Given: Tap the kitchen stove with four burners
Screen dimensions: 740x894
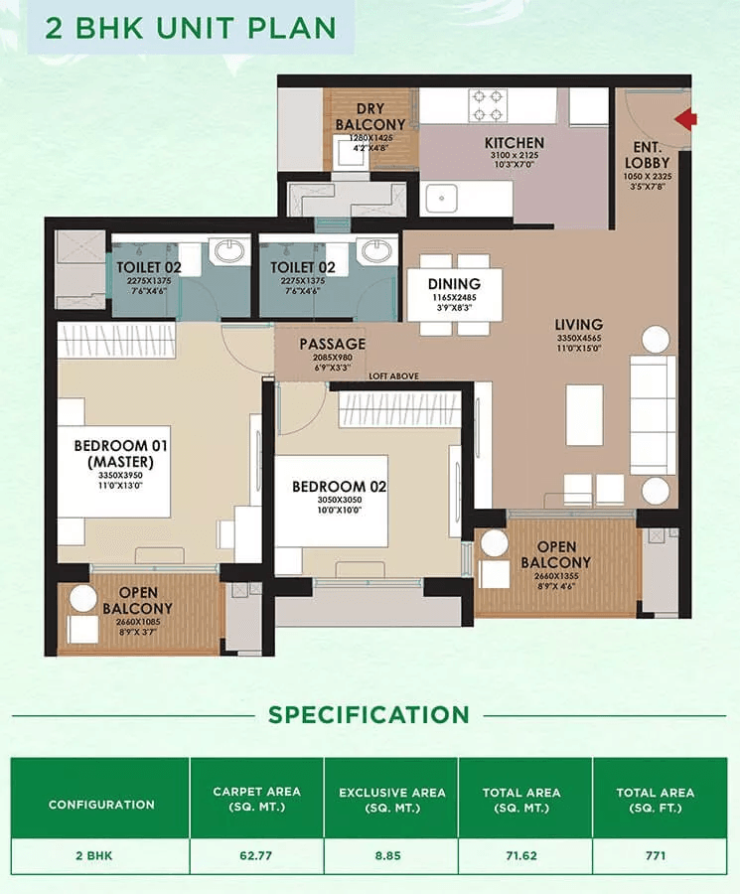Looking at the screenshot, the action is pyautogui.click(x=488, y=105).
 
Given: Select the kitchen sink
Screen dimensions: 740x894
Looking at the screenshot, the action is pyautogui.click(x=442, y=199).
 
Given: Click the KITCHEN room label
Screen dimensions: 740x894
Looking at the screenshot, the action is pyautogui.click(x=515, y=142).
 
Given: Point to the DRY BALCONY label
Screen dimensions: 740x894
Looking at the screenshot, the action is pyautogui.click(x=370, y=116).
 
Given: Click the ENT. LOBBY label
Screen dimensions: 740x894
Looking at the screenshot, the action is pyautogui.click(x=647, y=155).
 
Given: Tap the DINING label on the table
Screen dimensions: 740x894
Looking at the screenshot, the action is pyautogui.click(x=454, y=283).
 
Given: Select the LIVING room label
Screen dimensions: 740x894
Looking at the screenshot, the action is pyautogui.click(x=579, y=325).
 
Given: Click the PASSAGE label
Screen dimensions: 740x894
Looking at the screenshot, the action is pyautogui.click(x=333, y=344).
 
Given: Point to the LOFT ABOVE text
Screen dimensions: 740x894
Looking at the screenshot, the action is pyautogui.click(x=393, y=376).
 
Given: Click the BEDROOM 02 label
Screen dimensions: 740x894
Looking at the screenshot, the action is pyautogui.click(x=340, y=487).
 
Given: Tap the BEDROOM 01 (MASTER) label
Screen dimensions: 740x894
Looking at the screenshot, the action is pyautogui.click(x=121, y=453).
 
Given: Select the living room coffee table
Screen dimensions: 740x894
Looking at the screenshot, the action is pyautogui.click(x=584, y=415).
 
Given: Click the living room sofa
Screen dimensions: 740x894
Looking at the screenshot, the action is pyautogui.click(x=654, y=415).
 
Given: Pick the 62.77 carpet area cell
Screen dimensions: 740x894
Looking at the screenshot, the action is pyautogui.click(x=256, y=855).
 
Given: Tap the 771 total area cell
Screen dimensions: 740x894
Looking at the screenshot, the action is pyautogui.click(x=656, y=855).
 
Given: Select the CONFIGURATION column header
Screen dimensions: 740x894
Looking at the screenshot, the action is pyautogui.click(x=101, y=805).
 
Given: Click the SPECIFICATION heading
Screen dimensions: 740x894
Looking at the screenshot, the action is pyautogui.click(x=369, y=715).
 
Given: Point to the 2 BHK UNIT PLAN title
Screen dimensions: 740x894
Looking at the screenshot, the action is pyautogui.click(x=191, y=28).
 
